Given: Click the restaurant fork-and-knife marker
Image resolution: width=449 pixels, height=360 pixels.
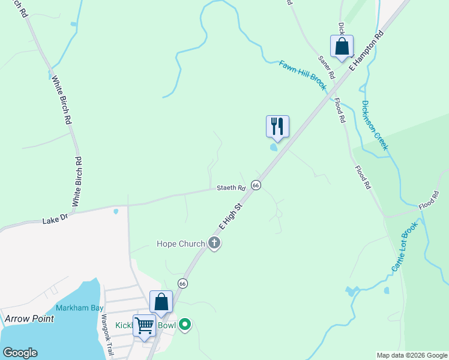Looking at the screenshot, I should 277,127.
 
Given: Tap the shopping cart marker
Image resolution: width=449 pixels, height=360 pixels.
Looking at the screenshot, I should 144,326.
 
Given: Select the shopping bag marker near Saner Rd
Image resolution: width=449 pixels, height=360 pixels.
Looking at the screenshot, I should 342,46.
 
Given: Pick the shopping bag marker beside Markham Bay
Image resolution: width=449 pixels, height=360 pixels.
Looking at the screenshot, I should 161,301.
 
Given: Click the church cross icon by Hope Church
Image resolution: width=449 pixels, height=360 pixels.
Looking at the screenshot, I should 214,243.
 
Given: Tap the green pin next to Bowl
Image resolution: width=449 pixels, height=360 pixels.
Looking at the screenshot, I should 185,325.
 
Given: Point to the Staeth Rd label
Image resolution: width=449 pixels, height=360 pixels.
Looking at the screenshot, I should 231,188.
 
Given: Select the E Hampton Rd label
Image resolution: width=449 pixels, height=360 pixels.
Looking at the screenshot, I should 366,51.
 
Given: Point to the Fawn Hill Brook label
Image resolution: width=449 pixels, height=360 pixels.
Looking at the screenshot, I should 303,76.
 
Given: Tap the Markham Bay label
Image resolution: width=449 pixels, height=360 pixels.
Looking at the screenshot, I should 80,308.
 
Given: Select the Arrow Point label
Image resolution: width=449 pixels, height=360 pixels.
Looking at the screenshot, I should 29,318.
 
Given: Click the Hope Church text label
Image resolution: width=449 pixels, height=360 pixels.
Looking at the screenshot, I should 180,244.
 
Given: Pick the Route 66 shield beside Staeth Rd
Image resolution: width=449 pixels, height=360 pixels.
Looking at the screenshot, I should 256,185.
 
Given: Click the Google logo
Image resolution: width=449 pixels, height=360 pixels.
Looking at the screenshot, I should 20,353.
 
